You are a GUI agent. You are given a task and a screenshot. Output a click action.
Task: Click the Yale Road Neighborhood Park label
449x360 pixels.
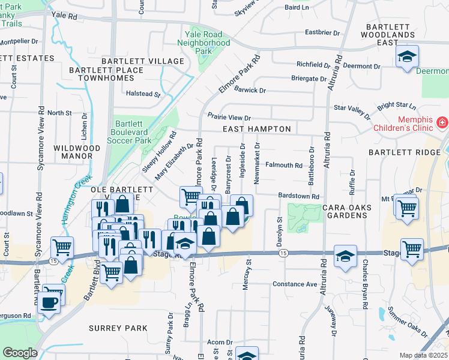coord(204,43)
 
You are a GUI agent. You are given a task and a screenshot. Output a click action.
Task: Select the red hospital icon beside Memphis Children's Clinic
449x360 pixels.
coord(442,122)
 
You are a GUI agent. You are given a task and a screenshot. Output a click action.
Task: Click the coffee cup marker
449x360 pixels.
coord(49,301)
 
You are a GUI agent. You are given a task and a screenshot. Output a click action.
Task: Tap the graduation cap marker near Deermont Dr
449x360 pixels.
coord(407,58)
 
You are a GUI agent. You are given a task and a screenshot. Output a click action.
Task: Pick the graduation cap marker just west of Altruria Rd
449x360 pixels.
coord(345,256)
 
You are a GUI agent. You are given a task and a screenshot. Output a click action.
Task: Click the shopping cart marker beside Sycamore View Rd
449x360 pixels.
coord(62,247)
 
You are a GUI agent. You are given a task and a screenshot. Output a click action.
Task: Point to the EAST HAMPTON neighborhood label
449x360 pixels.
coord(256,129)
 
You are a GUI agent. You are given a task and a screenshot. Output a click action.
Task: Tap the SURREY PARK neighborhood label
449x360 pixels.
coord(118,328)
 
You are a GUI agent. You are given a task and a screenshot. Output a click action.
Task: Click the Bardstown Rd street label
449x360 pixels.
coord(298,196)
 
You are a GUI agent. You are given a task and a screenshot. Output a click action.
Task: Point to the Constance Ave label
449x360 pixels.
coord(294,284)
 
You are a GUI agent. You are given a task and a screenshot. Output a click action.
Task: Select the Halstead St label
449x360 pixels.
coord(143,94)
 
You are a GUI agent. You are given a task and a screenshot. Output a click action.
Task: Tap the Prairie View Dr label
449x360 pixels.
coord(229,118)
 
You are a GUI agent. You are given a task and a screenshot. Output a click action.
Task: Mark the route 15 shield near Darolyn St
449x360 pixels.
coord(282,253)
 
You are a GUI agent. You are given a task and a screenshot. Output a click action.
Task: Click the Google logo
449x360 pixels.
coord(20,352)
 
